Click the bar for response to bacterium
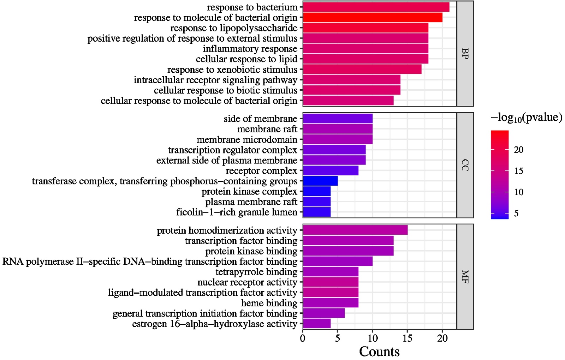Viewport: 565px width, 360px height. [x=376, y=7]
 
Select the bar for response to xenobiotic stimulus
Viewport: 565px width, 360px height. [x=362, y=70]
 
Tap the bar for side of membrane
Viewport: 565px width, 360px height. [x=338, y=119]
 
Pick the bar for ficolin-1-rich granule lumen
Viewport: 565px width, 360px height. [x=317, y=212]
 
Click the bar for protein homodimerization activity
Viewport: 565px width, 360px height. [x=355, y=230]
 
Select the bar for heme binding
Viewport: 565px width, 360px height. [x=331, y=303]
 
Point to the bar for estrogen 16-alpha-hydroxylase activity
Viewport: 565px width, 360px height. [x=317, y=324]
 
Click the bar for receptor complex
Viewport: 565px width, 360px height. [x=331, y=171]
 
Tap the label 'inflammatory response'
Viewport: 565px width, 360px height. [x=250, y=49]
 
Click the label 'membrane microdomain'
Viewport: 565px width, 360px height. [x=247, y=140]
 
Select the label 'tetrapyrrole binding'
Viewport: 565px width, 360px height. [x=256, y=272]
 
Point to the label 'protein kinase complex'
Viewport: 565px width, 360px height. [x=249, y=192]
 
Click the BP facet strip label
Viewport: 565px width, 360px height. [x=465, y=54]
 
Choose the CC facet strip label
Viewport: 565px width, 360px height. [x=465, y=165]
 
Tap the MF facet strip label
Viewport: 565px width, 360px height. [x=465, y=277]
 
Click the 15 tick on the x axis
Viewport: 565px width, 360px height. [x=408, y=338]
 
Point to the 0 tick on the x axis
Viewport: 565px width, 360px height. [x=303, y=338]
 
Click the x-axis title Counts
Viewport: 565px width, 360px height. [x=379, y=352]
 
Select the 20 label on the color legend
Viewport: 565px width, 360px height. [x=519, y=150]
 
